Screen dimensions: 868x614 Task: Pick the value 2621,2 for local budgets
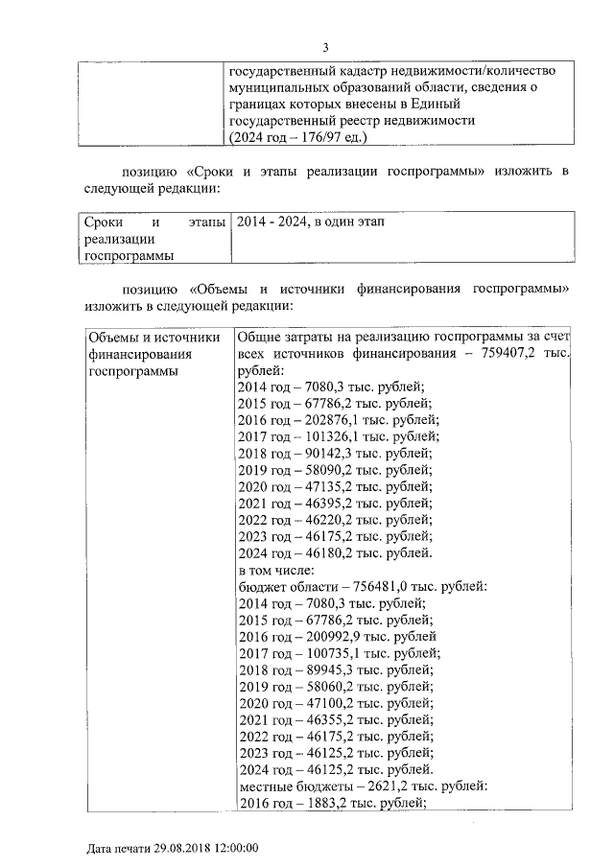[379, 786]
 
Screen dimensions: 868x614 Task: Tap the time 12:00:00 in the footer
[235, 849]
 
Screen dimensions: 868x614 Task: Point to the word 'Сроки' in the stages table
[103, 223]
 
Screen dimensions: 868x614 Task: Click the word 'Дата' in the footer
[100, 849]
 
